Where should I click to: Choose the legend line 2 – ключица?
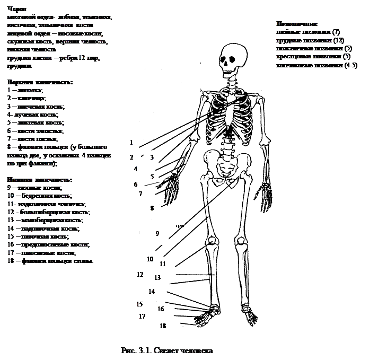coord(27,99)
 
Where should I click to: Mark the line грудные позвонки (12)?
coord(311,40)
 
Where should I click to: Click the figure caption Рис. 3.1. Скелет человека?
coord(167,351)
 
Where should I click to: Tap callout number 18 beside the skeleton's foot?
coord(163,326)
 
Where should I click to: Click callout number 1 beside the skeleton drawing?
coord(130,143)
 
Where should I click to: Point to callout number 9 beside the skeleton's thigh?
coord(157,233)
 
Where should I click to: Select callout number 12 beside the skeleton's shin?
coord(140,275)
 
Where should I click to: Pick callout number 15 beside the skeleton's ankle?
coord(139,304)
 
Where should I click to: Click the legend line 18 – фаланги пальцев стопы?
coord(51,261)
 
